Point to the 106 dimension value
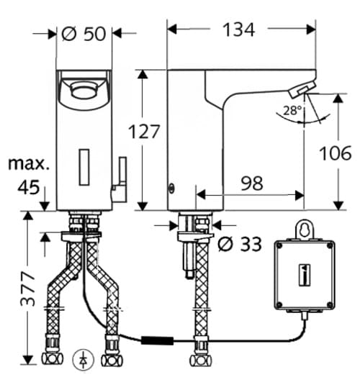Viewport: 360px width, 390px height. (x=336, y=153)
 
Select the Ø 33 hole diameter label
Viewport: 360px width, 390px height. (x=238, y=243)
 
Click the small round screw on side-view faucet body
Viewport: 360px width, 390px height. (x=171, y=189)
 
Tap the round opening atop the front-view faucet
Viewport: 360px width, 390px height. (x=81, y=90)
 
